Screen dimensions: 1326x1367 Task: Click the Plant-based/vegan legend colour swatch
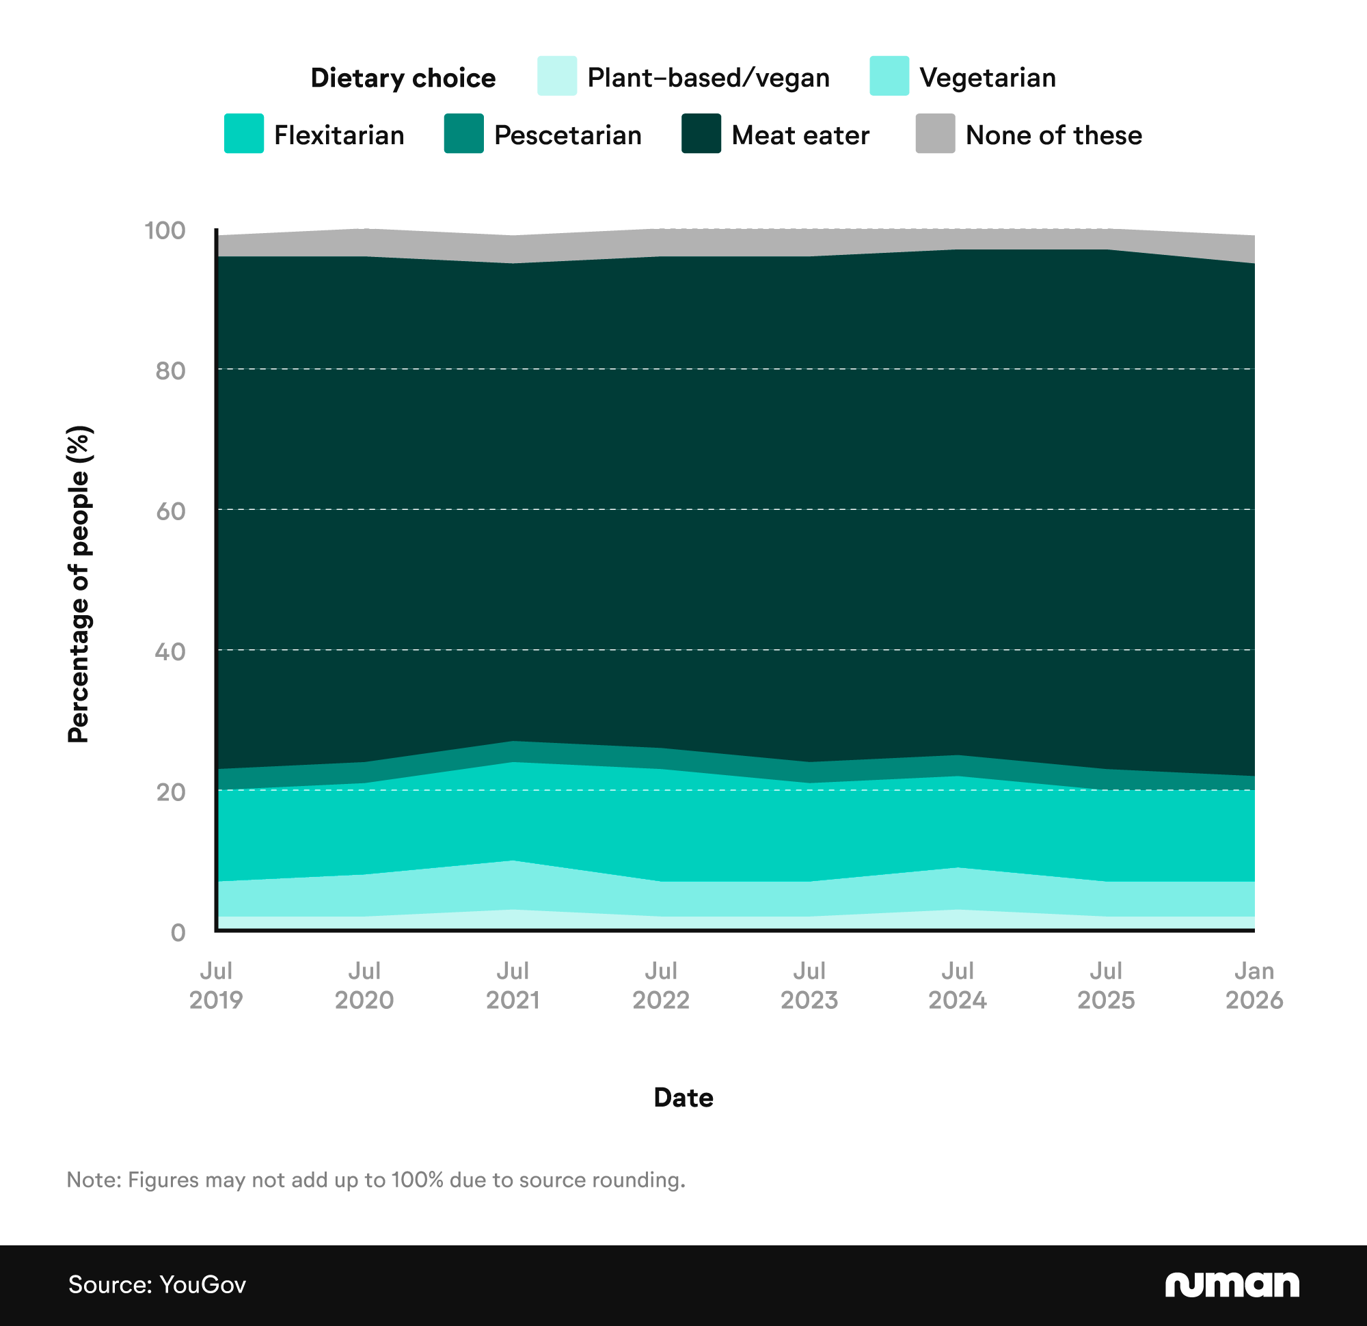tap(556, 76)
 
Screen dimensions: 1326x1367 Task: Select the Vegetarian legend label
tap(987, 77)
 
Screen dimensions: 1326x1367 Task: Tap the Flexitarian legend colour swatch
tap(243, 133)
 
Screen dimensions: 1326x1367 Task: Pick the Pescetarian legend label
tap(567, 135)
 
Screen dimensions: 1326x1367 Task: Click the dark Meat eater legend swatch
tap(701, 133)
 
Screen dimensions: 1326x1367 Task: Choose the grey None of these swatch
tap(934, 133)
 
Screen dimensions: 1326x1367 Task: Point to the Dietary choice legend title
tap(403, 78)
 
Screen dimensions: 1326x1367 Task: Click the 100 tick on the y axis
tap(165, 230)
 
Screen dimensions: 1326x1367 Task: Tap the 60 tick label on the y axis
tap(170, 511)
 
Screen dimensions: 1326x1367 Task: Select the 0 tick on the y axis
tap(178, 932)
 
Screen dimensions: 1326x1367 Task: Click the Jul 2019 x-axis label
tap(216, 985)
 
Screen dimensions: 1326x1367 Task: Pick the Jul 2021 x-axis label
tap(513, 985)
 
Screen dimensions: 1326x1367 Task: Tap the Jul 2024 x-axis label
tap(957, 985)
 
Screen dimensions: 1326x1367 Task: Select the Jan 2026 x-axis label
tap(1254, 985)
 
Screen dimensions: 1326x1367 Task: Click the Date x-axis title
tap(683, 1098)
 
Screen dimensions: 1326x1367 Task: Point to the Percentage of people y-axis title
tap(79, 584)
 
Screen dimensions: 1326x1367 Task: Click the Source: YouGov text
tap(157, 1284)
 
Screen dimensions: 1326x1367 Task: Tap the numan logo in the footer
tap(1232, 1284)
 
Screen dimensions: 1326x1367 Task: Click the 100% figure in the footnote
tap(417, 1180)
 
